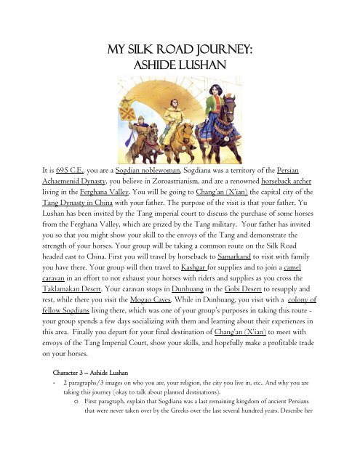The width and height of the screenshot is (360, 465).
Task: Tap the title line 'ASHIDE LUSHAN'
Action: (180, 65)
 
